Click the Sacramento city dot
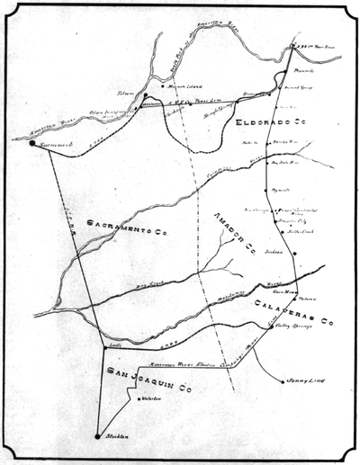(x=32, y=142)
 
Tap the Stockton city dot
(x=97, y=436)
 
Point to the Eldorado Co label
(x=264, y=121)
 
